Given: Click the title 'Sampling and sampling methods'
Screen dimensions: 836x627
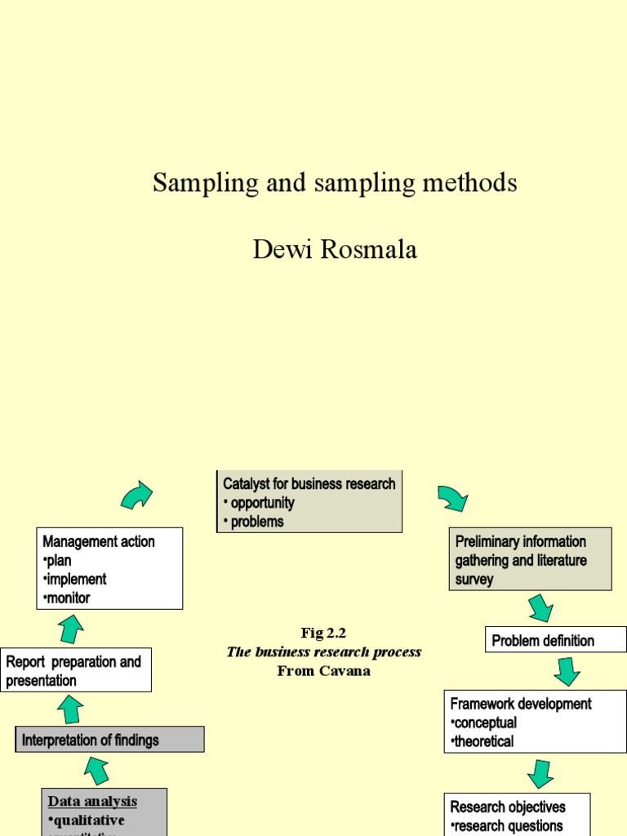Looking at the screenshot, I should pyautogui.click(x=334, y=183).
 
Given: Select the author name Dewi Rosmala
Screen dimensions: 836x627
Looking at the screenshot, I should pyautogui.click(x=335, y=250).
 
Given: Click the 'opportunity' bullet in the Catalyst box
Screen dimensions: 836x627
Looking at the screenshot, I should pyautogui.click(x=261, y=503).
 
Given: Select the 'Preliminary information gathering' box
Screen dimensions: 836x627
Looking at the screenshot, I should pyautogui.click(x=531, y=560).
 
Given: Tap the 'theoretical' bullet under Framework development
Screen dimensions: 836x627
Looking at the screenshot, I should pyautogui.click(x=484, y=741).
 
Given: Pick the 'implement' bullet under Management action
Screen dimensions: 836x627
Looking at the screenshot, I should pyautogui.click(x=76, y=579).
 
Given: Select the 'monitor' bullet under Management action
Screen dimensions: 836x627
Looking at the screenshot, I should pyautogui.click(x=69, y=598).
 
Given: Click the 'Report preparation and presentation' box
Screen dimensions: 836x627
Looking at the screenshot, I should pyautogui.click(x=75, y=670).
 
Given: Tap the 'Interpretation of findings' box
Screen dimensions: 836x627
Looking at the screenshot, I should pyautogui.click(x=109, y=740).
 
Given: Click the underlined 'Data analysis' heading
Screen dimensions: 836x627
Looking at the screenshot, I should pyautogui.click(x=92, y=801).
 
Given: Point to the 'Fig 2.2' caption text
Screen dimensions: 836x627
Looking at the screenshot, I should pyautogui.click(x=323, y=633).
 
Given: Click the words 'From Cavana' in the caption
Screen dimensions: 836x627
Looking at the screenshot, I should pyautogui.click(x=323, y=671).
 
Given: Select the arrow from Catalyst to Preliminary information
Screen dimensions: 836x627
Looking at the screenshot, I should pyautogui.click(x=452, y=497).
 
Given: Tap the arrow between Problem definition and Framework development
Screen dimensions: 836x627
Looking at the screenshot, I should pyautogui.click(x=567, y=670).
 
